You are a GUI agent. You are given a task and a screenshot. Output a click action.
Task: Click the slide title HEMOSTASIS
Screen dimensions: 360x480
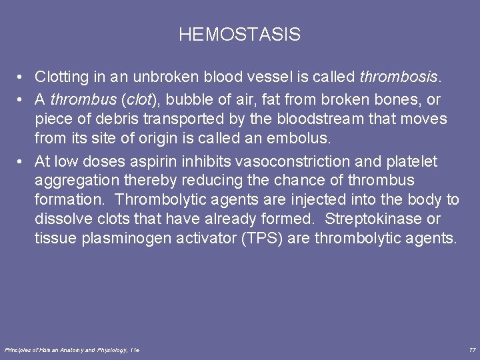click(x=239, y=35)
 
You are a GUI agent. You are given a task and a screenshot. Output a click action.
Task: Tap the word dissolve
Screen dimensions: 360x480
click(x=62, y=219)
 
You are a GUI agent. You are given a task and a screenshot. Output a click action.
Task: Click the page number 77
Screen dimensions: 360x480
click(x=472, y=350)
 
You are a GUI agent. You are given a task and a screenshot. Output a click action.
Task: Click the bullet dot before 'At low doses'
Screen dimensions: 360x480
click(x=22, y=161)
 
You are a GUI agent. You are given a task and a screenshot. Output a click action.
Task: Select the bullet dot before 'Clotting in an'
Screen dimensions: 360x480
click(x=22, y=77)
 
